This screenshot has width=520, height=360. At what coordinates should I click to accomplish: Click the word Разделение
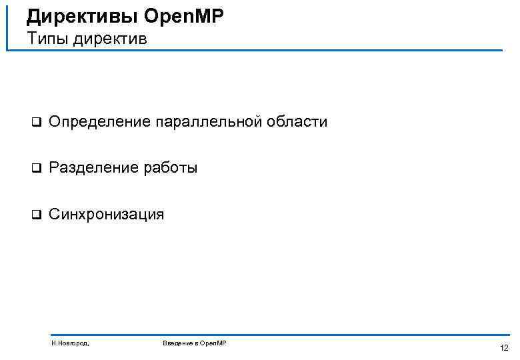point(94,168)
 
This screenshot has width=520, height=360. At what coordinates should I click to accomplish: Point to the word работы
point(171,168)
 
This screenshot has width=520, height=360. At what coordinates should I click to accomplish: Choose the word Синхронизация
point(106,215)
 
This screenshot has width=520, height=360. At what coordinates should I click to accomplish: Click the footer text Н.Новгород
point(70,343)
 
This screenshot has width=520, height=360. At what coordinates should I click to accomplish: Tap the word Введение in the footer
point(178,343)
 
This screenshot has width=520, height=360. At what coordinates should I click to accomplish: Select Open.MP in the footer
point(213,343)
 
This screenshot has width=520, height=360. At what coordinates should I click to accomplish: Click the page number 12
point(503,347)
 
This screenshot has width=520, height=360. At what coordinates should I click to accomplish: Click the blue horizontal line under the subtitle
point(267,50)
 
